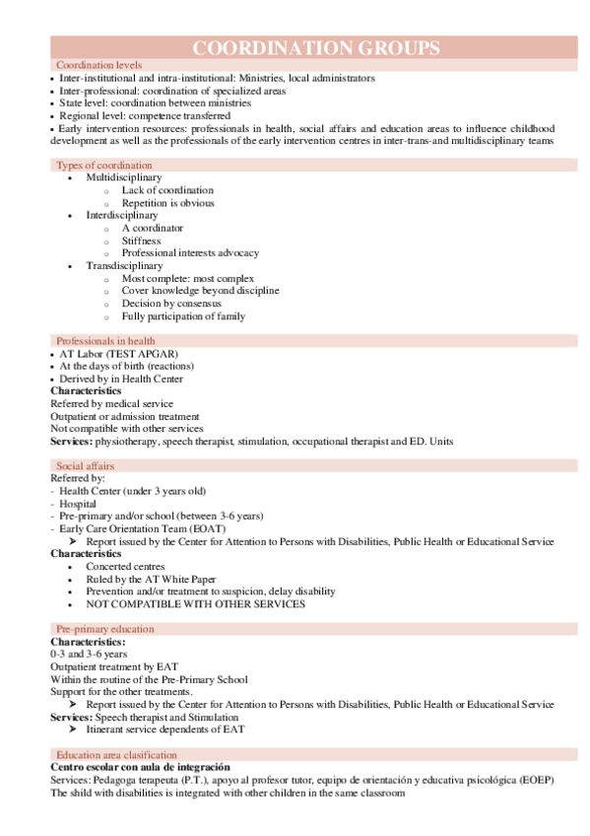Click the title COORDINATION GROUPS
coord(315,48)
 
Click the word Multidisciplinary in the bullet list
coord(124,177)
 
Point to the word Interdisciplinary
coord(122,215)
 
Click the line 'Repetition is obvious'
coord(167,203)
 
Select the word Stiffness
coord(142,241)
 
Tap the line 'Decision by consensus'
coord(171,304)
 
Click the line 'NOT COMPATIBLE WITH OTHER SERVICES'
coord(195,604)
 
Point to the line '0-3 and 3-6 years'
coord(89,655)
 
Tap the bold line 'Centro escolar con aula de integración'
coord(141,767)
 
